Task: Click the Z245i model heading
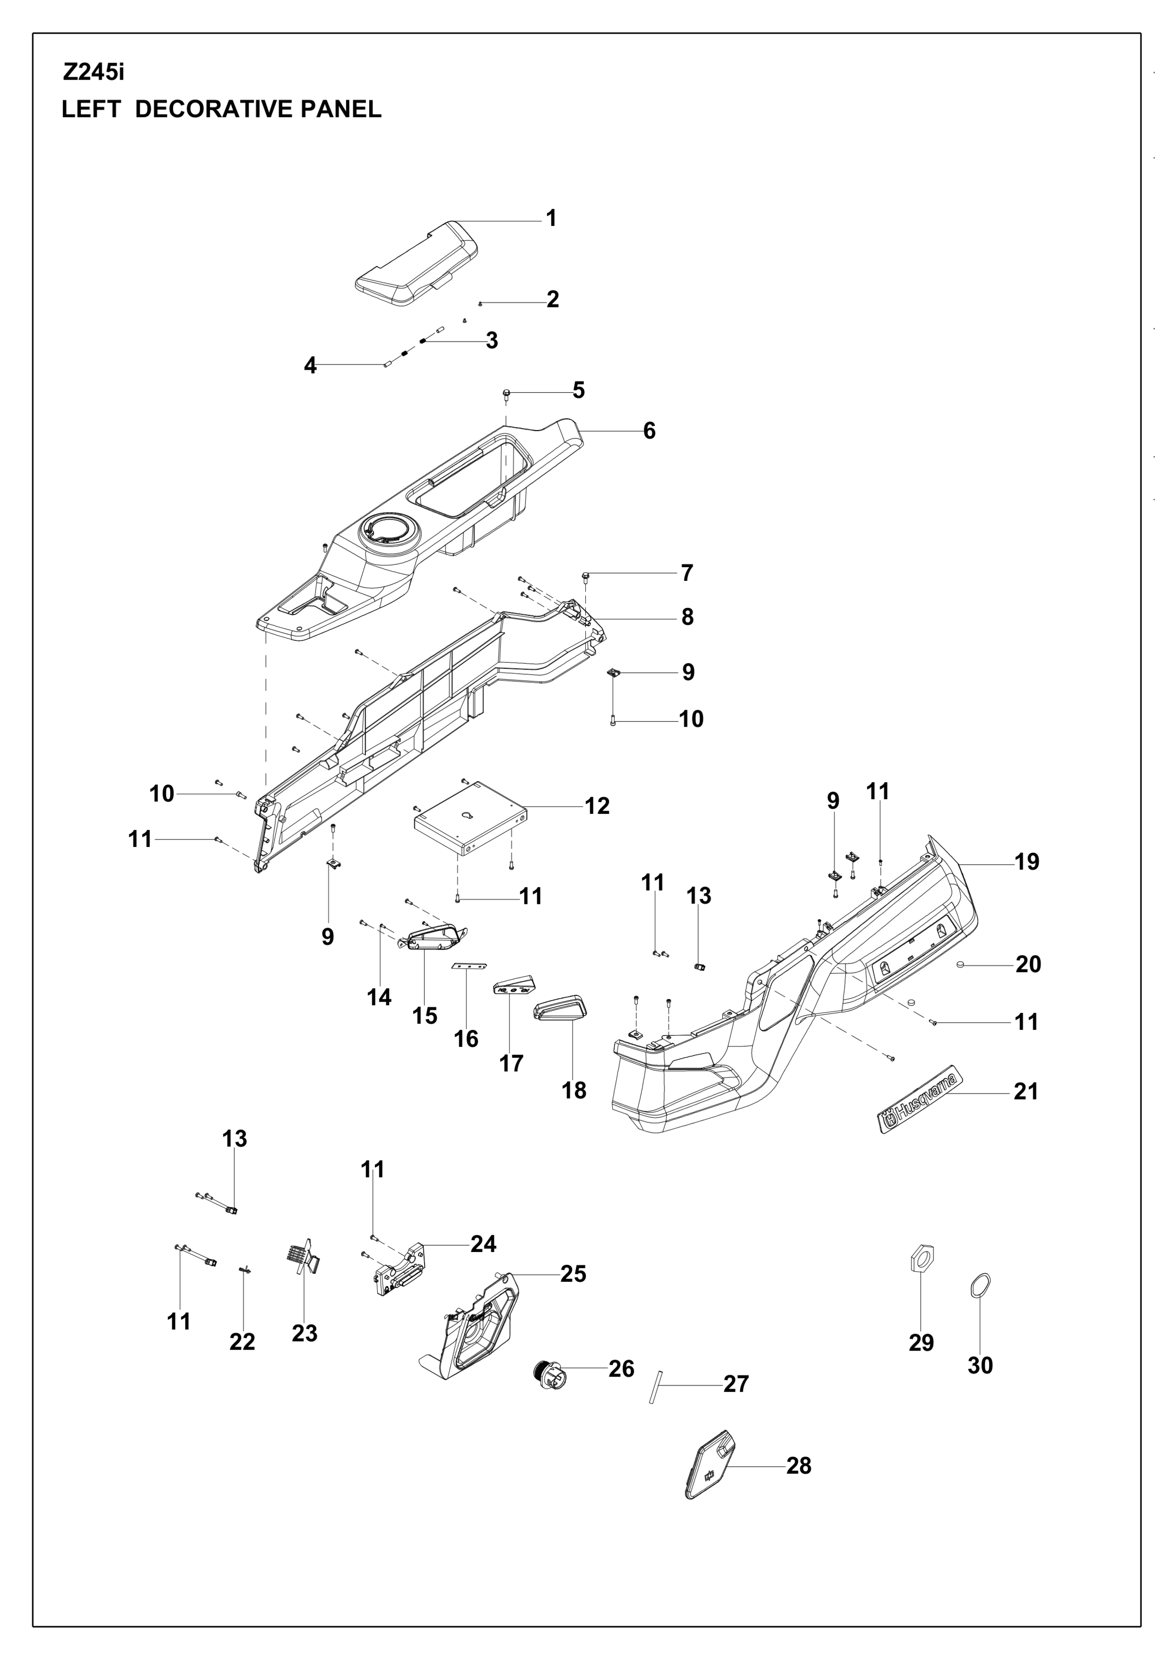click(x=93, y=73)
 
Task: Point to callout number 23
click(x=304, y=1333)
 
